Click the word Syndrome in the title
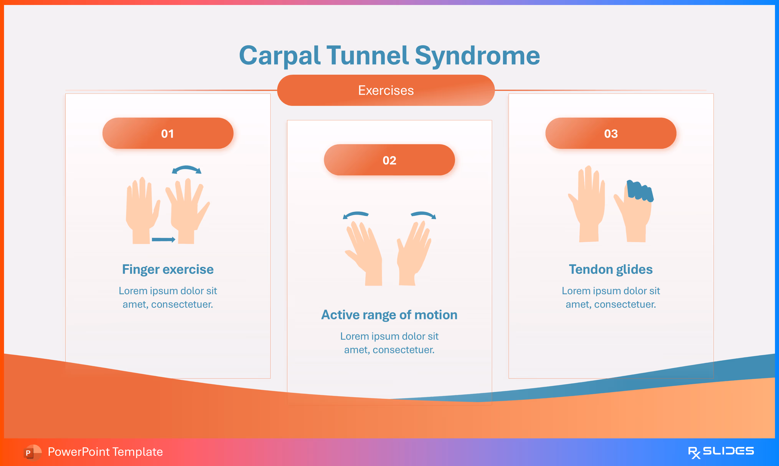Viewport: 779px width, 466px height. pyautogui.click(x=477, y=56)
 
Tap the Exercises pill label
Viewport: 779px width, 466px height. pyautogui.click(x=386, y=91)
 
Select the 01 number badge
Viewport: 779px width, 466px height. pyautogui.click(x=168, y=133)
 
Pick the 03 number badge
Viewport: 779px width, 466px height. pyautogui.click(x=611, y=133)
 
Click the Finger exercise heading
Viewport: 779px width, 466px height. pyautogui.click(x=168, y=269)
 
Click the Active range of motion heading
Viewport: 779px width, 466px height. pyautogui.click(x=389, y=315)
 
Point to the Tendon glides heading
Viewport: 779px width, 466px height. pyautogui.click(x=611, y=269)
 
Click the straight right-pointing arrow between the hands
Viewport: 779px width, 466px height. pyautogui.click(x=163, y=240)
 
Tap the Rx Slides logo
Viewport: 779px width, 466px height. pyautogui.click(x=721, y=452)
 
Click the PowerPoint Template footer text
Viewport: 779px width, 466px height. pyautogui.click(x=105, y=452)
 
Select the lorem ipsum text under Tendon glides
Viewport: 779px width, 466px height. pyautogui.click(x=611, y=297)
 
